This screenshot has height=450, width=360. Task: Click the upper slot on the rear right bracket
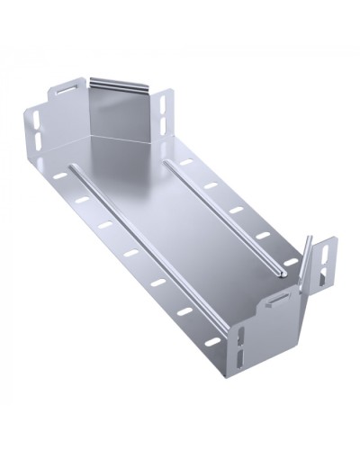164,103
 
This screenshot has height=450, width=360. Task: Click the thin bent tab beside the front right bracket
308,257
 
